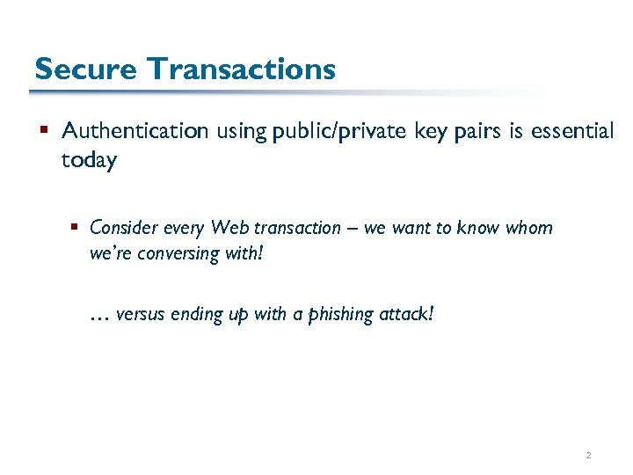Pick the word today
tap(89, 162)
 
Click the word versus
tap(139, 315)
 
